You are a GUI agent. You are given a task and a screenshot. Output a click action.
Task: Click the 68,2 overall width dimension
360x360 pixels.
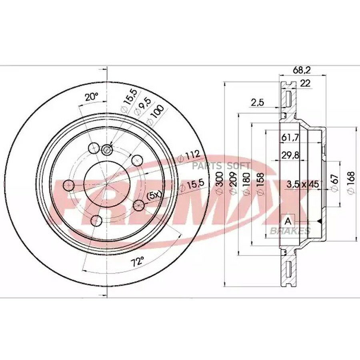click(x=302, y=70)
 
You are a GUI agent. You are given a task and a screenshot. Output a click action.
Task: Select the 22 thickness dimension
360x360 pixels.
click(x=305, y=83)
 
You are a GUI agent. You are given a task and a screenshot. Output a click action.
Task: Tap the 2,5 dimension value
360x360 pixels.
click(x=257, y=102)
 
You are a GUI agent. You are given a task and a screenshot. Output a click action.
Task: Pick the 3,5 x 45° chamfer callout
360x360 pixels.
click(x=304, y=184)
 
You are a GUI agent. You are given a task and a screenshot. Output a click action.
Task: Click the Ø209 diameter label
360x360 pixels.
click(x=233, y=183)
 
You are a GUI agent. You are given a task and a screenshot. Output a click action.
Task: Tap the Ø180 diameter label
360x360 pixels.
click(x=246, y=184)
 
